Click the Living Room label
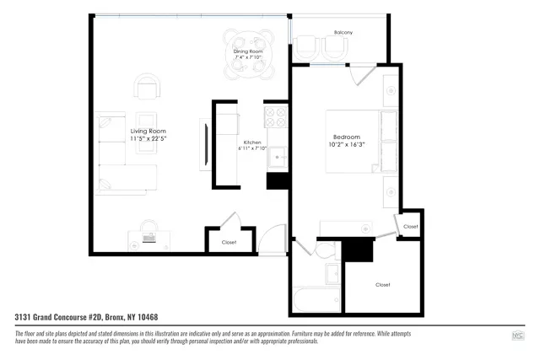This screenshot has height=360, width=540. pyautogui.click(x=148, y=132)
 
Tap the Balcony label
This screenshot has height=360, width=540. pyautogui.click(x=343, y=32)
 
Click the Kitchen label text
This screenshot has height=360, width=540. pyautogui.click(x=252, y=142)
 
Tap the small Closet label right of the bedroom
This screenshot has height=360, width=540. pyautogui.click(x=410, y=227)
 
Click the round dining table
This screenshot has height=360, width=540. pyautogui.click(x=250, y=45)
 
